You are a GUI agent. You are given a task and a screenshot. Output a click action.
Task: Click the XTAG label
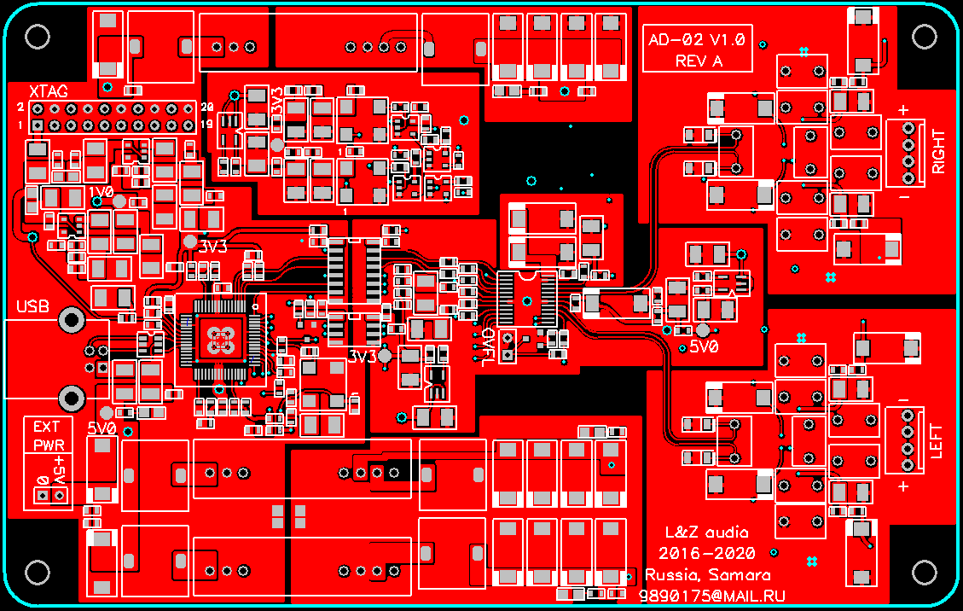click(x=48, y=90)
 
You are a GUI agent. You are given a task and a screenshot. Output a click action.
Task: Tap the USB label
click(x=32, y=305)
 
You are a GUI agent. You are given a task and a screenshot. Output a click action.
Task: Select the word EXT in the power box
click(x=47, y=427)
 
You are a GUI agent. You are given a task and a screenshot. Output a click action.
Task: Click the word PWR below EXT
click(x=49, y=445)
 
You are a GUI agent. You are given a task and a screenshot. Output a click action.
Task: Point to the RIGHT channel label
click(x=938, y=151)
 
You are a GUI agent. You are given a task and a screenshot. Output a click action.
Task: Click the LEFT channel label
click(x=937, y=441)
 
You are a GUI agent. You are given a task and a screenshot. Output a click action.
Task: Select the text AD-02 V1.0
click(x=697, y=40)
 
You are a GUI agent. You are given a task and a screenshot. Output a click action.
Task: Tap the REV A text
click(x=699, y=61)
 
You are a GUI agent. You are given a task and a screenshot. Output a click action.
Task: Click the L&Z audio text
click(x=706, y=532)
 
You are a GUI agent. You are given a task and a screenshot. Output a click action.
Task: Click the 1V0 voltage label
click(x=101, y=192)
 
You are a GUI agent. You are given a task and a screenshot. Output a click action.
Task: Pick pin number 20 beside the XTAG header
click(x=206, y=108)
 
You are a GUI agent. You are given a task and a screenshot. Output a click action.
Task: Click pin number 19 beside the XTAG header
click(x=206, y=125)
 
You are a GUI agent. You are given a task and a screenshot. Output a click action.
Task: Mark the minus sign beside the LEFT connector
click(x=903, y=401)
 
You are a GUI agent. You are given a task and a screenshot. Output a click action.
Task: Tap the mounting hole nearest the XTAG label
click(x=38, y=36)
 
